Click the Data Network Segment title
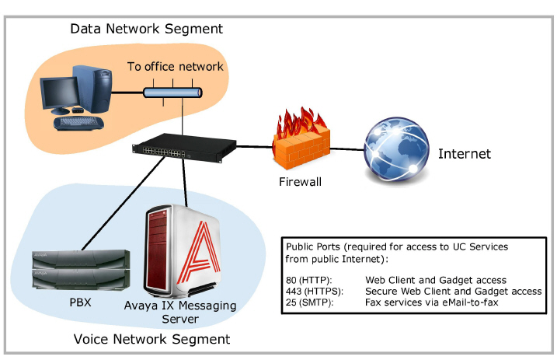pyautogui.click(x=146, y=29)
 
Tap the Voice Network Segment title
pyautogui.click(x=151, y=339)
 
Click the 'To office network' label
pyautogui.click(x=176, y=66)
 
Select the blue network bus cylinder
pyautogui.click(x=172, y=93)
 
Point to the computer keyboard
pyautogui.click(x=78, y=123)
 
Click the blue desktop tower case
pyautogui.click(x=92, y=88)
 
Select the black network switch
pyautogui.click(x=184, y=148)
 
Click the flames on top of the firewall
pyautogui.click(x=301, y=122)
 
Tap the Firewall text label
pyautogui.click(x=300, y=182)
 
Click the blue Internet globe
pyautogui.click(x=396, y=150)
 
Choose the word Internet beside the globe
pyautogui.click(x=465, y=154)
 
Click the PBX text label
pyautogui.click(x=80, y=302)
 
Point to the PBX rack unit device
pyautogui.click(x=81, y=269)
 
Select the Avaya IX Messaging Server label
pyautogui.click(x=180, y=312)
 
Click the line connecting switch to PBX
pyautogui.click(x=124, y=203)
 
